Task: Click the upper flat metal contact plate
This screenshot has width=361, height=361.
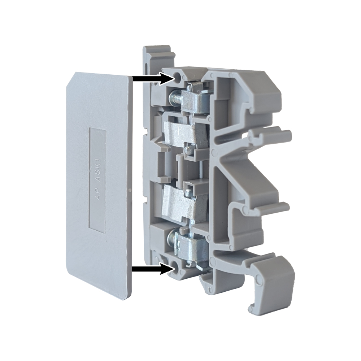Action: pyautogui.click(x=179, y=131)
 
